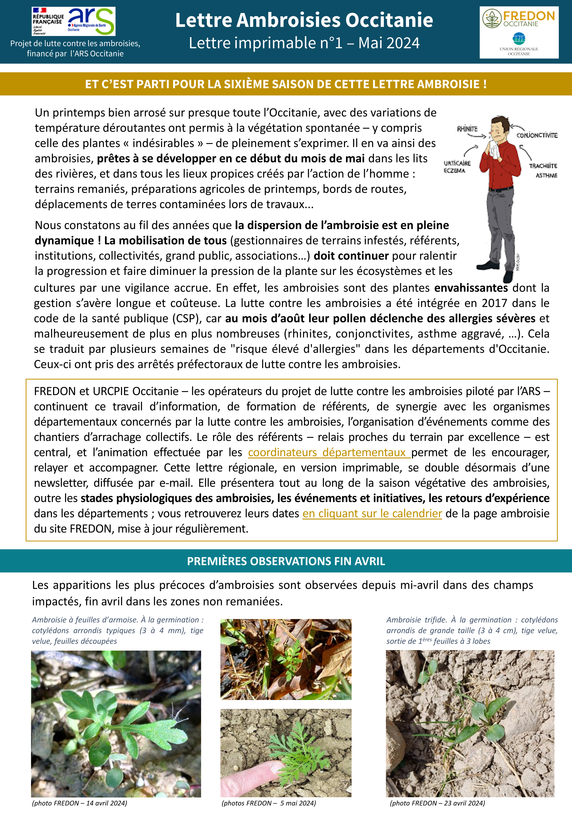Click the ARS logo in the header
(91, 21)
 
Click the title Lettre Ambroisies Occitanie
(304, 20)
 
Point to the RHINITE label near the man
(467, 129)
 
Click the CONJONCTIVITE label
(536, 135)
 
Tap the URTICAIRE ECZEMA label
(457, 167)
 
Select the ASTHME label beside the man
(546, 175)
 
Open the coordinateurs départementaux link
(329, 452)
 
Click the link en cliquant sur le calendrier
(372, 513)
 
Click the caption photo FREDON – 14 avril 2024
(80, 803)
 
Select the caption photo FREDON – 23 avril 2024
(437, 803)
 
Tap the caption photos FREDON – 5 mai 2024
(268, 803)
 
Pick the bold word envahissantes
(471, 288)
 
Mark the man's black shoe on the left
(487, 265)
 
